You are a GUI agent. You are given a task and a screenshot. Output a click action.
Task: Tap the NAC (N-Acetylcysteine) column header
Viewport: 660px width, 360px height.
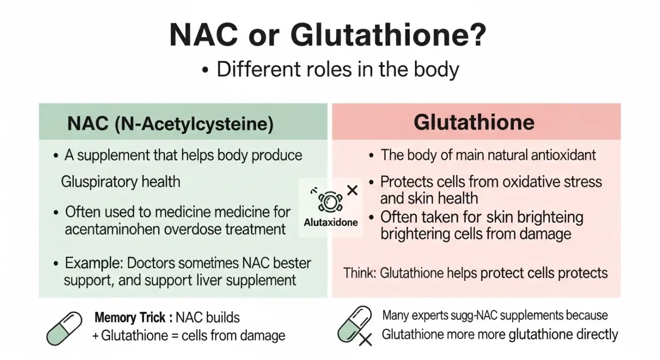coord(170,123)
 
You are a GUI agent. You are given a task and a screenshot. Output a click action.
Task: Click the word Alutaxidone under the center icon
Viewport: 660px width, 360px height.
coord(331,222)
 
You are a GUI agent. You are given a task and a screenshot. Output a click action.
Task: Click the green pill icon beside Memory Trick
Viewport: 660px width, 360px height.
coord(64,329)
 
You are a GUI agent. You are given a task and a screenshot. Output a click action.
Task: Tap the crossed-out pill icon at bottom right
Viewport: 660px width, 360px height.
coord(355,325)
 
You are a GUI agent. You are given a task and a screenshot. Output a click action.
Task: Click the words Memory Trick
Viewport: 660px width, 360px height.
coord(130,318)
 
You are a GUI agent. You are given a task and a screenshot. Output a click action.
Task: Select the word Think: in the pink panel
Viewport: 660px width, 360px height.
coord(359,273)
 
